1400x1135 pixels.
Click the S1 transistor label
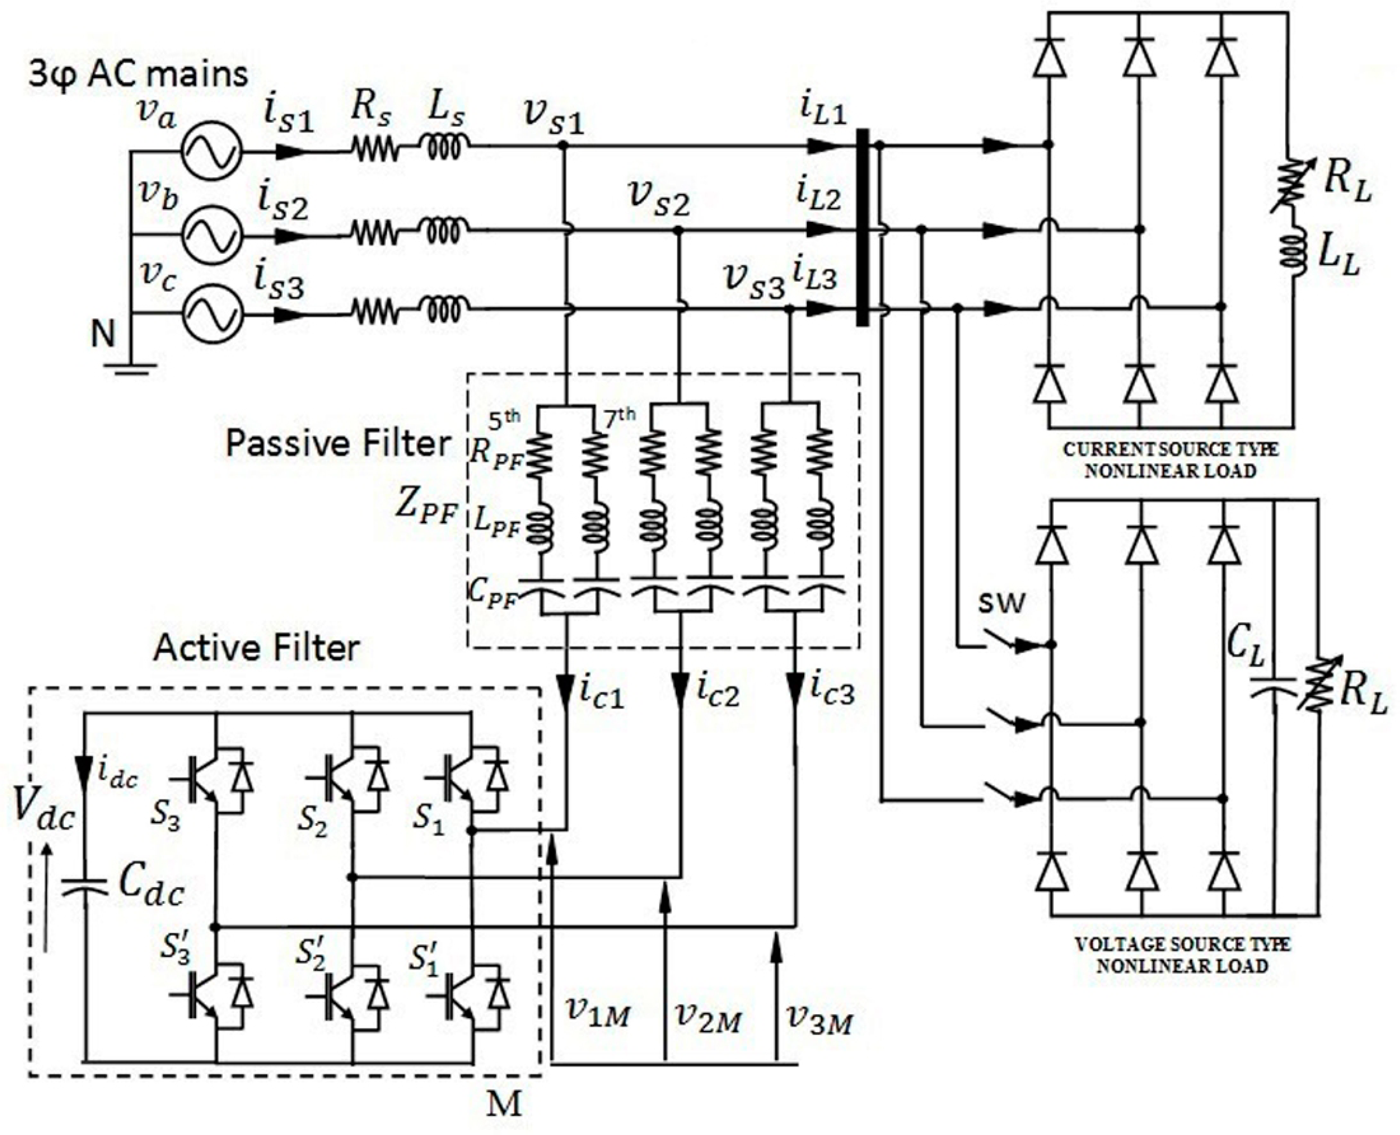[428, 820]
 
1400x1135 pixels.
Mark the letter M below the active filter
[505, 1103]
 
